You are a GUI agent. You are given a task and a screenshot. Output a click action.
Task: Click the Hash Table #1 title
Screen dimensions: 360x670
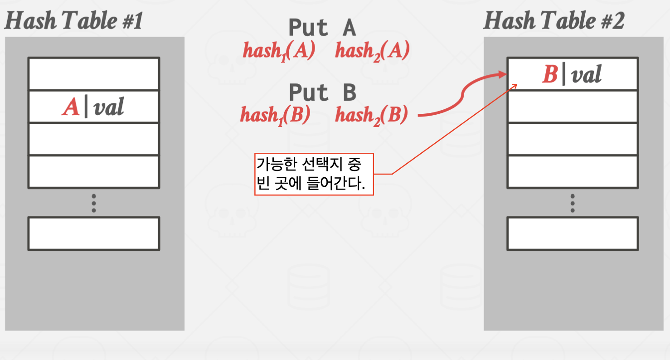coord(73,21)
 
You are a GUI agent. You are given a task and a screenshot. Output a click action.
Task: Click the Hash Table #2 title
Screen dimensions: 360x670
coord(553,21)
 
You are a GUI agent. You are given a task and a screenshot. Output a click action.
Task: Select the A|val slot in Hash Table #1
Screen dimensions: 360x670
coord(93,107)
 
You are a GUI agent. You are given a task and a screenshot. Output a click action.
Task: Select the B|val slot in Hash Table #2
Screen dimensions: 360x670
coord(573,74)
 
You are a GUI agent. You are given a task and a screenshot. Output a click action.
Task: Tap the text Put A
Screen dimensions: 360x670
coord(322,28)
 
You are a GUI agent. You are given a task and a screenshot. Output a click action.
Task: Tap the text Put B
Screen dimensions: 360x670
coord(322,93)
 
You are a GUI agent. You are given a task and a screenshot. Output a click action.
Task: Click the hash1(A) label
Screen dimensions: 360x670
coord(279,51)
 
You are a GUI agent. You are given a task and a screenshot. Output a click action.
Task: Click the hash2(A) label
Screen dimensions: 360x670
coord(372,51)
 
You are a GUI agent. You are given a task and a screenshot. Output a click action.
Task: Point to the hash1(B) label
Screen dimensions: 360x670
coord(275,115)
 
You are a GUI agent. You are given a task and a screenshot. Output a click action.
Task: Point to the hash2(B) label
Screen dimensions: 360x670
coord(371,115)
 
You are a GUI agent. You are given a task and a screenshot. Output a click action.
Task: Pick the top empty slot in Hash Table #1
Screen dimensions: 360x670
coord(93,74)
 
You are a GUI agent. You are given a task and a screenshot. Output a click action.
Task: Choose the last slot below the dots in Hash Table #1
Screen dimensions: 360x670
coord(93,234)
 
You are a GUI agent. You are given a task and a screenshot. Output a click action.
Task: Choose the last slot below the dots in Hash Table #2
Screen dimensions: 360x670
coord(573,234)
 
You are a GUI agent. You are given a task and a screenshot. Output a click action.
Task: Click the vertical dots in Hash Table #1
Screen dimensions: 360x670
coord(93,203)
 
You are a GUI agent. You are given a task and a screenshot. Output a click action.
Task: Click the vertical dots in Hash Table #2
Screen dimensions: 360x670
coord(573,203)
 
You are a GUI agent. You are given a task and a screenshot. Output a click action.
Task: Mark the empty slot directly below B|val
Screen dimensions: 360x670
coord(573,106)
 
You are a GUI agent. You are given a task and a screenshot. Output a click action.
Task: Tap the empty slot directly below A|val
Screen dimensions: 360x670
coord(93,139)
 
